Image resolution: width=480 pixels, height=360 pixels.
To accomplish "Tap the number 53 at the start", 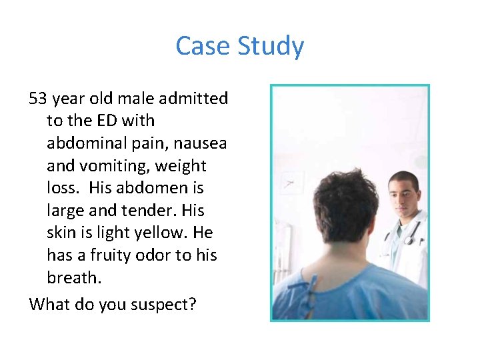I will (37, 99).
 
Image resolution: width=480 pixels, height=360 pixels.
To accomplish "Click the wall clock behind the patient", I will (291, 182).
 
